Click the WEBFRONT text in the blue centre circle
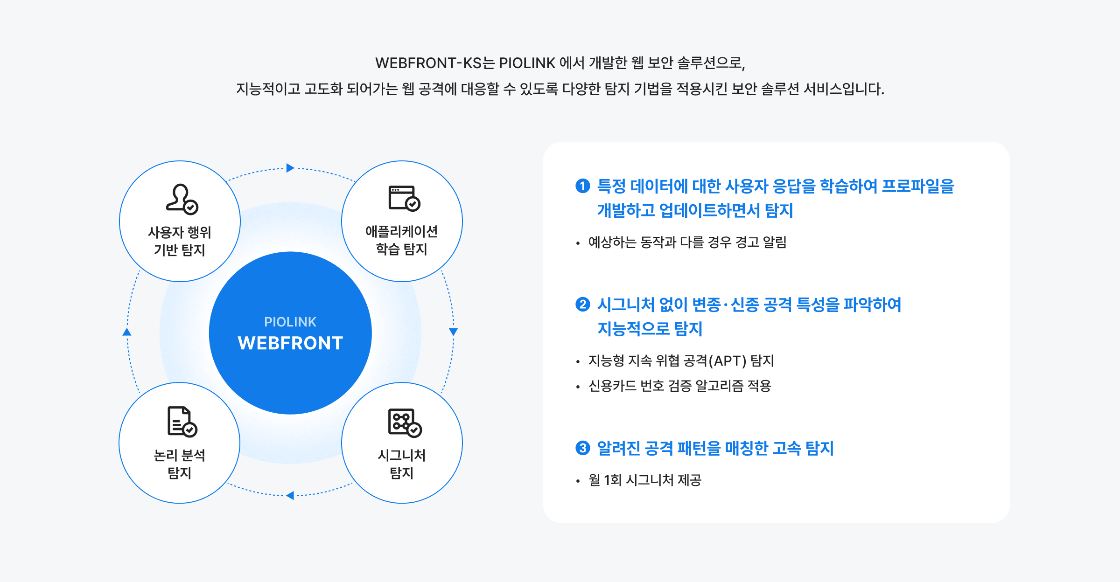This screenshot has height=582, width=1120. [290, 343]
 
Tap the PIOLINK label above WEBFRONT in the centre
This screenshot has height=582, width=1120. [290, 322]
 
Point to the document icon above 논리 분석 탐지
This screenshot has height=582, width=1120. [182, 422]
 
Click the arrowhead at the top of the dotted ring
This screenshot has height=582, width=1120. [290, 168]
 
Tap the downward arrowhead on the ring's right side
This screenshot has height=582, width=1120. [453, 332]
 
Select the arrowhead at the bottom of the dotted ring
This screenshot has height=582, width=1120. [290, 495]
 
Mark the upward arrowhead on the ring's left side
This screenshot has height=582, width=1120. [127, 332]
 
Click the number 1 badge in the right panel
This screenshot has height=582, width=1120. [582, 186]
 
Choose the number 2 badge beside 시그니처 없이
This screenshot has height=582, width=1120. [582, 305]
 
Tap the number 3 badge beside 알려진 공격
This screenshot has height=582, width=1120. [582, 448]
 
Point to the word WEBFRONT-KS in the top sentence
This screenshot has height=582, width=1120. [428, 63]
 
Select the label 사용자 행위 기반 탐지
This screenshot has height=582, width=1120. [180, 241]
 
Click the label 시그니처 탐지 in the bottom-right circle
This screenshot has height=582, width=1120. [402, 464]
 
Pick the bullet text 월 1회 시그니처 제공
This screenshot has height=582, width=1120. [645, 480]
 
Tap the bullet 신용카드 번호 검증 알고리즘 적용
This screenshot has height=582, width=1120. [679, 386]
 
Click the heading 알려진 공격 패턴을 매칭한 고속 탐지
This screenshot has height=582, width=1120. [715, 448]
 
